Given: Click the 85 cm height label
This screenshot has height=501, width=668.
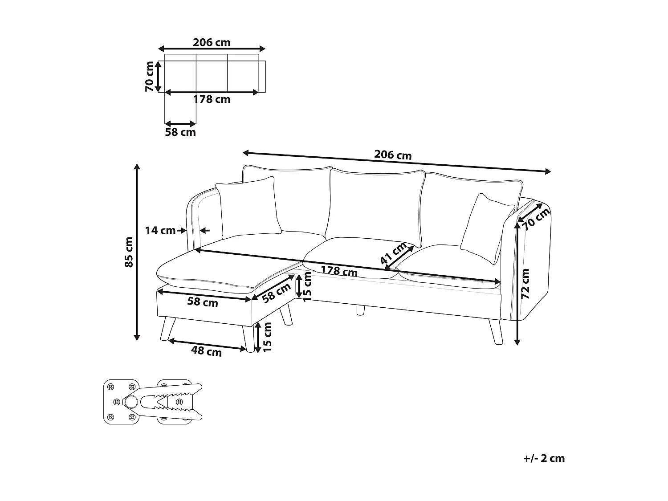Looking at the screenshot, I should [128, 252].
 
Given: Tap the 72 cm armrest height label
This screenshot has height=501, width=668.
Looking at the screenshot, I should [525, 283].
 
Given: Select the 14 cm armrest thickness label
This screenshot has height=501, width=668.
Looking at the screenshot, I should [160, 231].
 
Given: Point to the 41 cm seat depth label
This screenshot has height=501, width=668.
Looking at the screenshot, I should [394, 254].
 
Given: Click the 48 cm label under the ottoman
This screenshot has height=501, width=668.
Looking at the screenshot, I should [206, 351].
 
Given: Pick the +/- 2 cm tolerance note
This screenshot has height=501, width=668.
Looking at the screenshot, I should [544, 458].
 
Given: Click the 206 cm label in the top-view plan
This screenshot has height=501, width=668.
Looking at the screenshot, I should [212, 42].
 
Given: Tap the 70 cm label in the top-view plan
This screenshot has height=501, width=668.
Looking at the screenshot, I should [150, 77].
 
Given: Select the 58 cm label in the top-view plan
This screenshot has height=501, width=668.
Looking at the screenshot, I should [180, 132].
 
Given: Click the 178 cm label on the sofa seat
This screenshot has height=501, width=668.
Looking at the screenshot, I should [339, 270].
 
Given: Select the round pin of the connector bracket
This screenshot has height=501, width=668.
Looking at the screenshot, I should [130, 402].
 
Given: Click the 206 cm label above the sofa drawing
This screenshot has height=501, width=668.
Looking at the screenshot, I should [393, 155].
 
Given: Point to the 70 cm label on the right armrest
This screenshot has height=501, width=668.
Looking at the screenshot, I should [536, 219].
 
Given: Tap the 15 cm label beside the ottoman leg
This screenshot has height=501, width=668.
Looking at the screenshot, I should [267, 337].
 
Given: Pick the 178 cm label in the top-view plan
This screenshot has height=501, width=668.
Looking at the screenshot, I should [212, 99].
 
